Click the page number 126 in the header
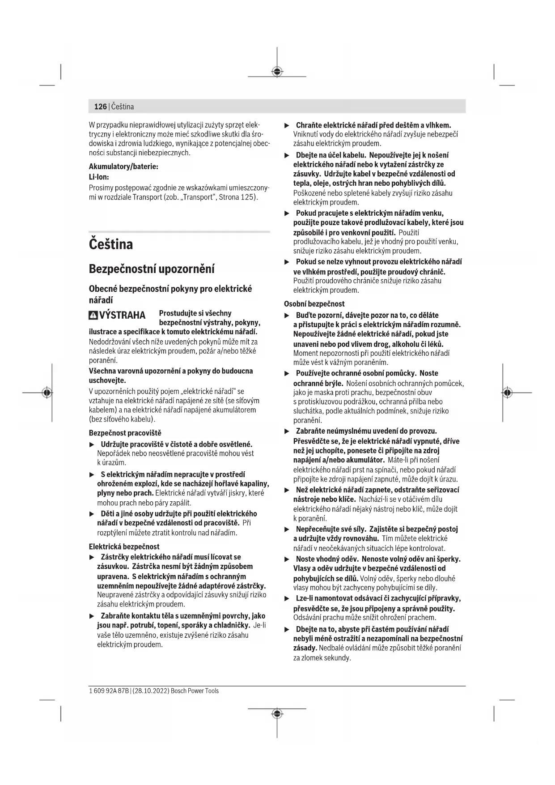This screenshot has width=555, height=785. click(x=100, y=107)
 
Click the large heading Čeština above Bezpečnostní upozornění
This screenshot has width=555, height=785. click(x=111, y=244)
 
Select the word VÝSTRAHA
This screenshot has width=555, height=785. click(x=122, y=316)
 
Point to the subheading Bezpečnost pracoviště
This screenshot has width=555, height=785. click(x=125, y=433)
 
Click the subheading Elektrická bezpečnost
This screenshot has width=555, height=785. click(x=124, y=546)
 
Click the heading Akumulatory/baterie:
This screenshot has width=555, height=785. click(x=123, y=166)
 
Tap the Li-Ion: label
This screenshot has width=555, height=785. click(x=99, y=177)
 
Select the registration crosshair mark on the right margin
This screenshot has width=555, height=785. click(x=507, y=392)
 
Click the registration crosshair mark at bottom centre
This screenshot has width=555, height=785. click(x=277, y=713)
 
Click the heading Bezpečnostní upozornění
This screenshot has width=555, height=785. click(x=152, y=269)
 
